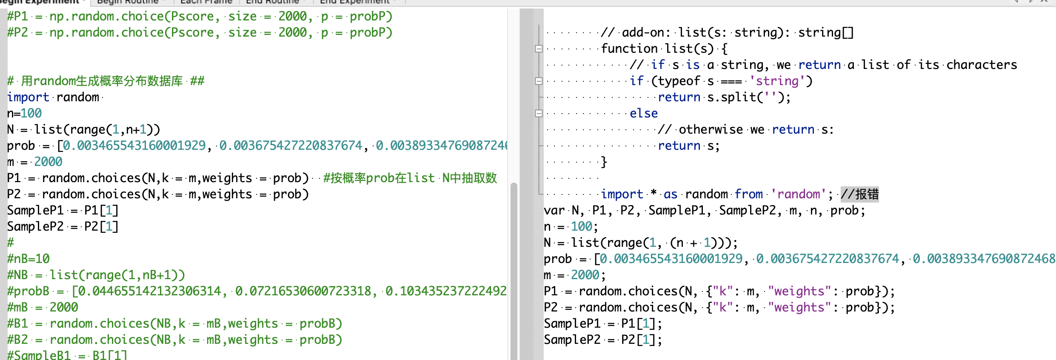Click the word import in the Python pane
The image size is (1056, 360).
[x=28, y=97]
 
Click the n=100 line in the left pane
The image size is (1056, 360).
[x=24, y=114]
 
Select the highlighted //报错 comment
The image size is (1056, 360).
[x=859, y=194]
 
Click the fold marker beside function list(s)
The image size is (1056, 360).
[x=539, y=49]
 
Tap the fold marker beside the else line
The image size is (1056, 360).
[x=539, y=114]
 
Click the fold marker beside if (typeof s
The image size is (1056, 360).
[x=539, y=81]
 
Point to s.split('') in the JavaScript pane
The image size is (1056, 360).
[x=745, y=97]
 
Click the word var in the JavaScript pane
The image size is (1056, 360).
[x=554, y=211]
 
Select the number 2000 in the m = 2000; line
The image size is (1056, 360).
[x=585, y=275]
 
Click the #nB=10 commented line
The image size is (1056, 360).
[x=29, y=259]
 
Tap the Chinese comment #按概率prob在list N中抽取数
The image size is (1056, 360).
[x=410, y=178]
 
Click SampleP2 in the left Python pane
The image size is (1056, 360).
[x=35, y=227]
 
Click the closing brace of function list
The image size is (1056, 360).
[x=603, y=162]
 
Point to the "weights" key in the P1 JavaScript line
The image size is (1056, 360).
[x=799, y=291]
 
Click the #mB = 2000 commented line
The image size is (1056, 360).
[x=43, y=308]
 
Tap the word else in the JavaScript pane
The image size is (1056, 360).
[x=643, y=114]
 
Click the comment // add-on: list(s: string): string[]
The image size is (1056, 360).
[x=727, y=33]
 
